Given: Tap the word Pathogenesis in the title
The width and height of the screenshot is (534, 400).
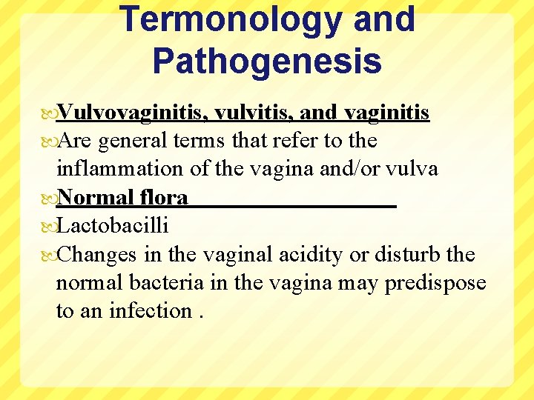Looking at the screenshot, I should point(267,61).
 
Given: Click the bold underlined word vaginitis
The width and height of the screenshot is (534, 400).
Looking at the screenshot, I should point(386,113).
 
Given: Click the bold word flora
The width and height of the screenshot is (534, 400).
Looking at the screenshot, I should point(162,198).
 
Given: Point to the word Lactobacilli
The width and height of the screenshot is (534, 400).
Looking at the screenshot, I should point(113,226).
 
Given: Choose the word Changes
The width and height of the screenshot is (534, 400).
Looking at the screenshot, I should point(96,255).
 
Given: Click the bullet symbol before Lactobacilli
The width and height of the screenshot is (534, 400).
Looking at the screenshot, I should point(49,226).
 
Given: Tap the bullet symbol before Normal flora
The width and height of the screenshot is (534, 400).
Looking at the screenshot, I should point(49,198).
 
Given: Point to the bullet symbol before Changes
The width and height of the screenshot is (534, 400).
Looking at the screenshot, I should point(49,255).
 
